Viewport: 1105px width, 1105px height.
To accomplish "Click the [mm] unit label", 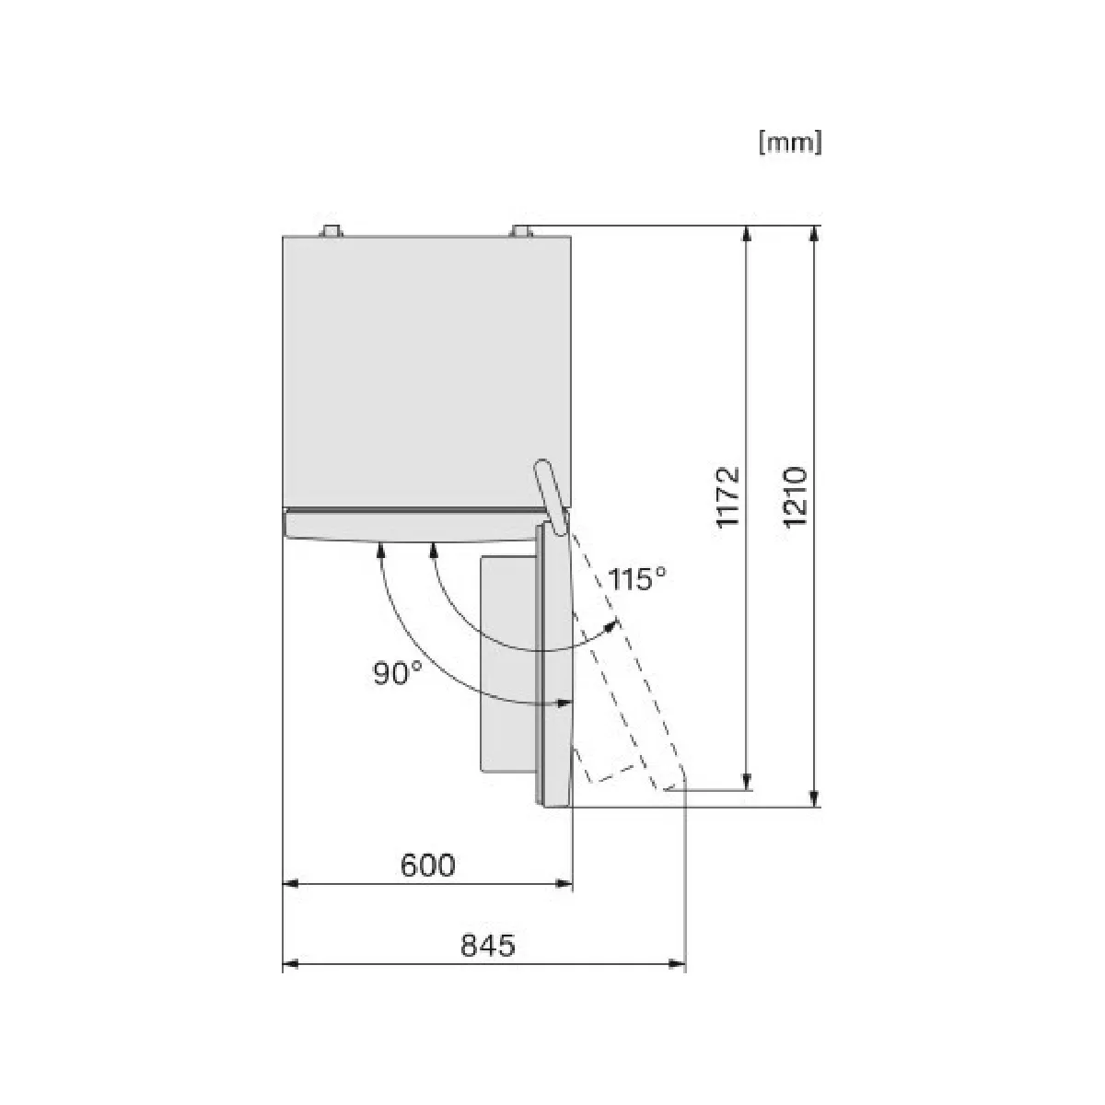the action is click(789, 142).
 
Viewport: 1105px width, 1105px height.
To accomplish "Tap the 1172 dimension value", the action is click(728, 496).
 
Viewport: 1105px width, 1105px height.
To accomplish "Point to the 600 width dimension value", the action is click(428, 865).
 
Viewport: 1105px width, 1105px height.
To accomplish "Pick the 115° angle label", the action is click(636, 579).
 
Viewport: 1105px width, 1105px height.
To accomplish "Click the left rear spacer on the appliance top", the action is click(331, 230).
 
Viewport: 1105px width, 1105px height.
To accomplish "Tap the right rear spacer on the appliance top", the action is click(521, 230).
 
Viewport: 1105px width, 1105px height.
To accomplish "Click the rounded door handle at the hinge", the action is click(551, 496).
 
